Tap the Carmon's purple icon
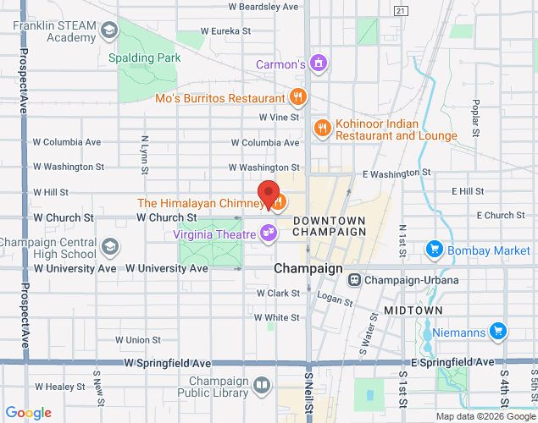click(x=319, y=63)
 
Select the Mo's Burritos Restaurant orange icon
click(x=297, y=97)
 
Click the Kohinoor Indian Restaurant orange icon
click(x=322, y=129)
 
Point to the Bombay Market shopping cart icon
click(x=435, y=250)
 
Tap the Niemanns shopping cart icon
click(x=499, y=332)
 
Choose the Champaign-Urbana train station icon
click(x=355, y=280)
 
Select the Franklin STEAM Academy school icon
click(x=108, y=32)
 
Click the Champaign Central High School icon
click(x=109, y=247)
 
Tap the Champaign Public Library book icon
click(x=263, y=387)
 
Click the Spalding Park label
click(x=145, y=58)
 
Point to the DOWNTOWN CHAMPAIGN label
click(x=329, y=226)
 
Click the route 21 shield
click(x=401, y=10)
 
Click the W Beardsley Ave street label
click(x=263, y=7)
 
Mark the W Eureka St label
click(x=226, y=31)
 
